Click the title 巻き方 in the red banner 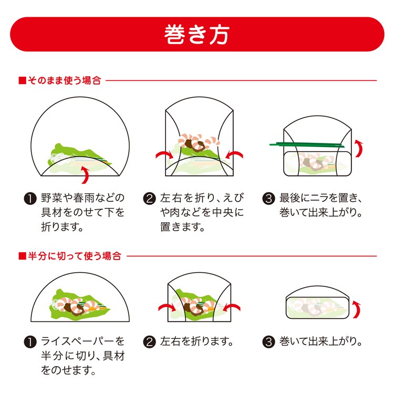click(197, 35)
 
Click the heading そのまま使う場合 click(64, 81)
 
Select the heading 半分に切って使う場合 click(75, 256)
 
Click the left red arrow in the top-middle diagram click(163, 155)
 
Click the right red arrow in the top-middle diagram click(235, 155)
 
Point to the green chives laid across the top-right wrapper click(307, 145)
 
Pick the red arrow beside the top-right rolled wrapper click(359, 149)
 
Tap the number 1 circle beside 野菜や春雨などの click(30, 199)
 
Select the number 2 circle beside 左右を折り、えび click(150, 199)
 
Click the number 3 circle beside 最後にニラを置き click(268, 199)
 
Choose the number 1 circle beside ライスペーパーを click(30, 342)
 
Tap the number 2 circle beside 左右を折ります click(150, 342)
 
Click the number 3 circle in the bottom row click(268, 342)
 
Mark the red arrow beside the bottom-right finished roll click(357, 309)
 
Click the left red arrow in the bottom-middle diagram click(167, 308)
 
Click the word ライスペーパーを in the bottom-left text click(83, 341)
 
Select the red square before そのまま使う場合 click(23, 81)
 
